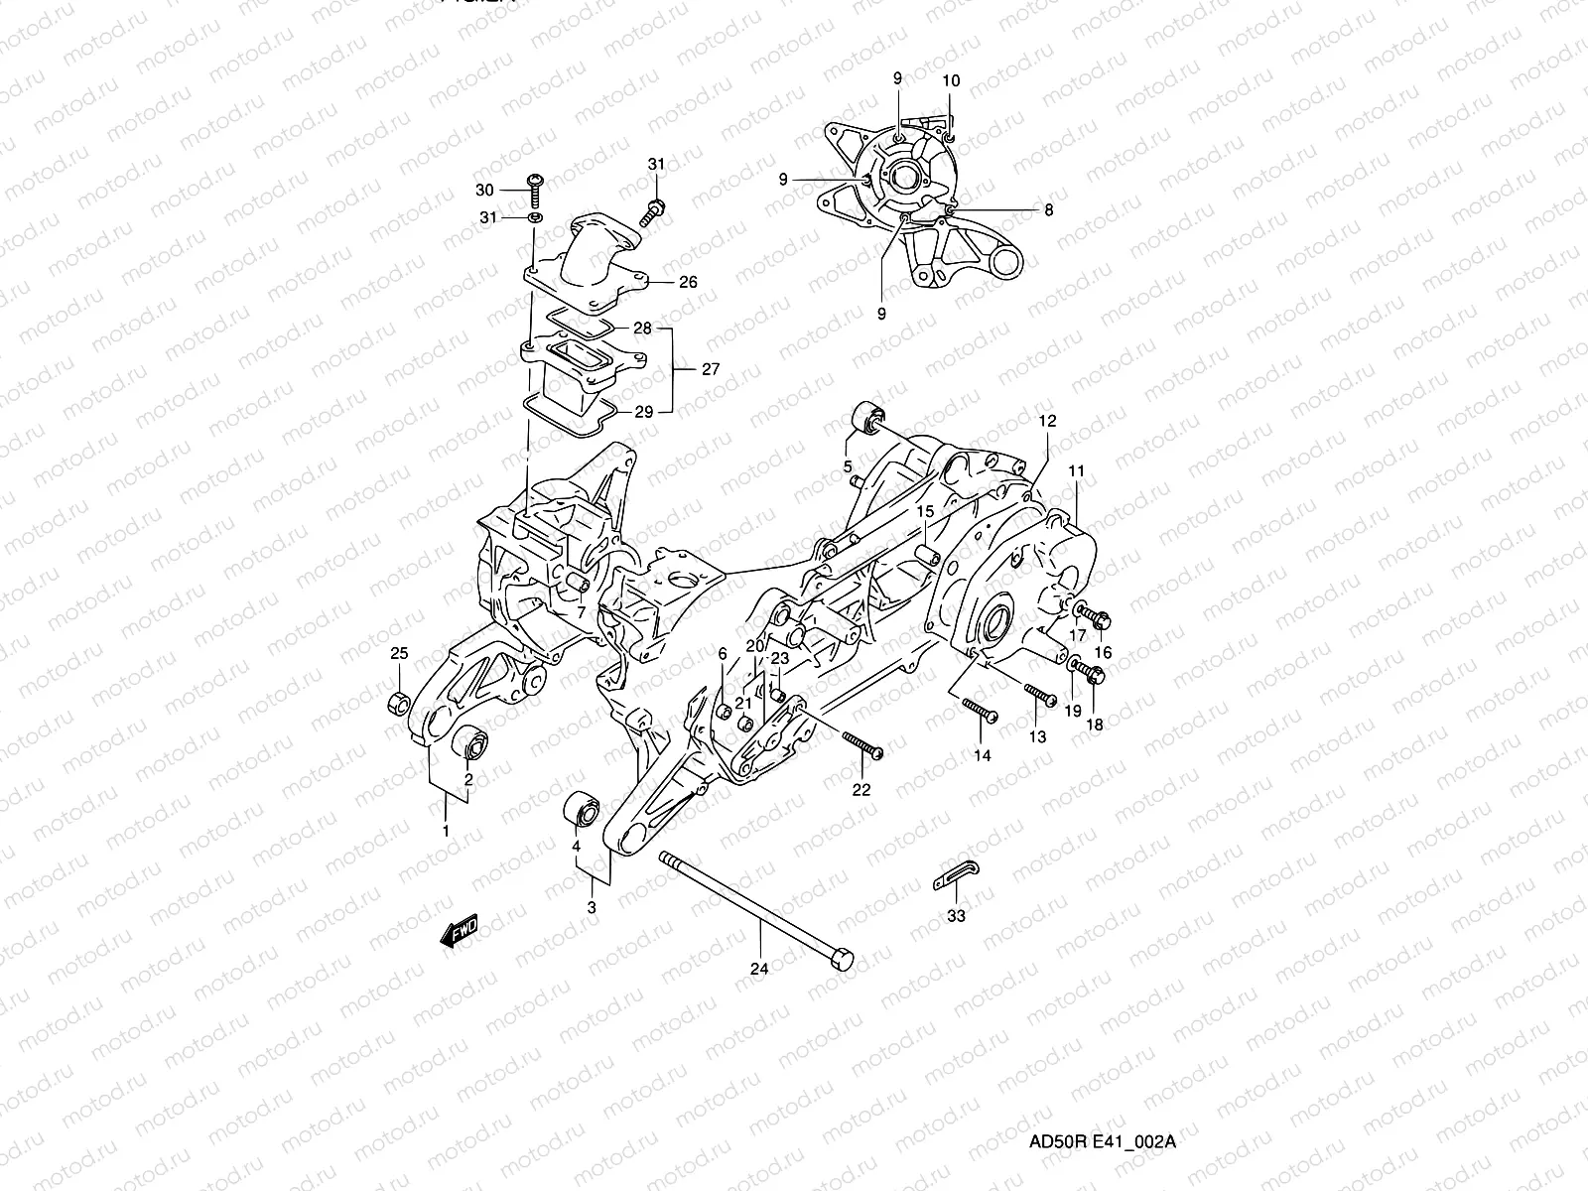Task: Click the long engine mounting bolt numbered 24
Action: point(754,910)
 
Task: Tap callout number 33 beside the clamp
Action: point(955,916)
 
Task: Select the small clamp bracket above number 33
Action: point(956,875)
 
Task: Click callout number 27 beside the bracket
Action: point(710,369)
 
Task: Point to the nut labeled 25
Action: point(397,703)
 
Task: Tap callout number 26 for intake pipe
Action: point(688,282)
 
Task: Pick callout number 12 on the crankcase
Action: point(1047,421)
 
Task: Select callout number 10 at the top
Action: point(951,80)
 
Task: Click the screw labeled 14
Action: point(979,712)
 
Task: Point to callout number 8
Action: point(1049,209)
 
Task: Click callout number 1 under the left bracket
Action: point(446,830)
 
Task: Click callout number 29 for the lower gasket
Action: point(643,411)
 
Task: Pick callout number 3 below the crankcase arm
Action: point(592,907)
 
